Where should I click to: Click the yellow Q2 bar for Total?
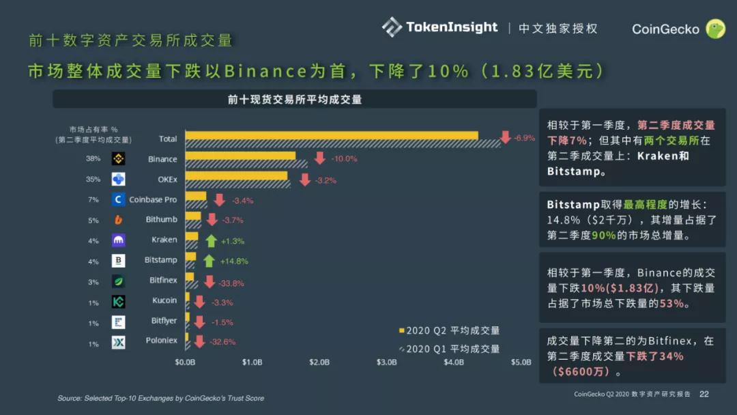tap(332, 135)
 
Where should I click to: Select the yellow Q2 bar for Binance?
tap(240, 156)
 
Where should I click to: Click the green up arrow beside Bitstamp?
tap(209, 261)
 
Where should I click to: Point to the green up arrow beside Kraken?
tap(211, 240)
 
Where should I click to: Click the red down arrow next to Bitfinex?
tap(209, 282)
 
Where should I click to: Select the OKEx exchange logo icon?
tap(119, 180)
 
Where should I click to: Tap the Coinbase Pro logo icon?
tap(119, 199)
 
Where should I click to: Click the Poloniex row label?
tap(161, 341)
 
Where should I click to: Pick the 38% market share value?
tap(93, 159)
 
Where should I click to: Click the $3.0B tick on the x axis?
tap(387, 362)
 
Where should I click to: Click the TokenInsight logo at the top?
tap(440, 27)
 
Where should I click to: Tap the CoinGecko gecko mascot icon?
tap(715, 29)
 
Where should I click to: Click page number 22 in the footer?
tap(704, 394)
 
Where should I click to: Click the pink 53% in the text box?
tap(671, 304)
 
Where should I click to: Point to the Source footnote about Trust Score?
tap(160, 398)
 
